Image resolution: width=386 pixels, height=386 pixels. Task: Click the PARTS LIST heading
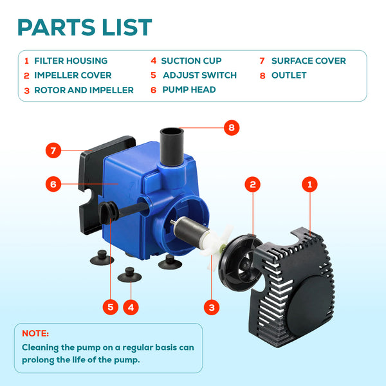(85, 27)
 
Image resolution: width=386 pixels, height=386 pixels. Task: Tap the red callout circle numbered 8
(232, 127)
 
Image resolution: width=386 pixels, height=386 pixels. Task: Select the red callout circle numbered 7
(53, 150)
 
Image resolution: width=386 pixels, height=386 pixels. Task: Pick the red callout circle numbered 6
(53, 184)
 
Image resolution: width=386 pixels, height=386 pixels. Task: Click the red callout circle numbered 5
(111, 307)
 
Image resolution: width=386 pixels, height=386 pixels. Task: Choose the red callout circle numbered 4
(131, 307)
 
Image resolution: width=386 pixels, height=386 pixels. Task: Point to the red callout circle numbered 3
(212, 307)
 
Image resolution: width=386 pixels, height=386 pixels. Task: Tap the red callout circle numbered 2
(253, 184)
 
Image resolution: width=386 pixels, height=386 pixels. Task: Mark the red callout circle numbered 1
(309, 184)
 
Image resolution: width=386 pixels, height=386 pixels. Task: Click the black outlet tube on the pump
(172, 147)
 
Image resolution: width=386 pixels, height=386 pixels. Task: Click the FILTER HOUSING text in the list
(71, 61)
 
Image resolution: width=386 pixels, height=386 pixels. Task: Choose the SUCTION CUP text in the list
(191, 61)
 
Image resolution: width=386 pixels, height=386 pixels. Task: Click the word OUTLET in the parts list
(289, 75)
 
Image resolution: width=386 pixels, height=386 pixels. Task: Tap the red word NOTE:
(35, 333)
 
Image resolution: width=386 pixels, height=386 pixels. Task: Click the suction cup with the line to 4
(129, 275)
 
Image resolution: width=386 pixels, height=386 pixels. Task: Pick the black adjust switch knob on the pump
(108, 212)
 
